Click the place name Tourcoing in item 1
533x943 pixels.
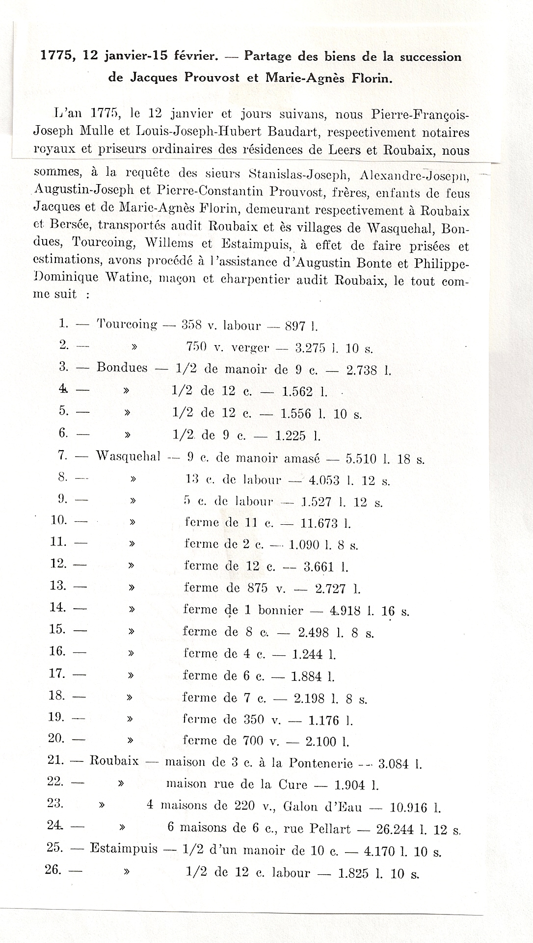127,324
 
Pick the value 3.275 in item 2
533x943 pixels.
310,348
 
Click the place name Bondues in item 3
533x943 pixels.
122,368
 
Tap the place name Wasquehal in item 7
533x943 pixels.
128,456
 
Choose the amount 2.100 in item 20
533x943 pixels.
322,741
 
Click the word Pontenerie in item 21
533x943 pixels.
320,763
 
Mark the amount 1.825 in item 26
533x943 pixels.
353,874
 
